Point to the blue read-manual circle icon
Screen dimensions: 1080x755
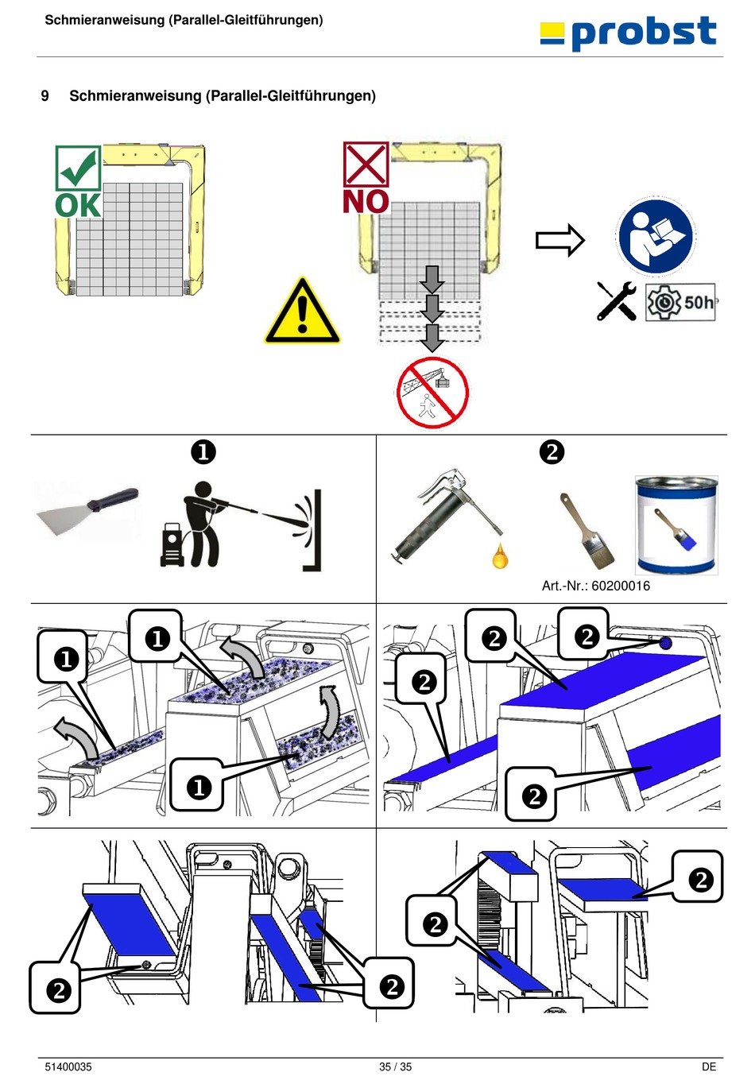pyautogui.click(x=656, y=237)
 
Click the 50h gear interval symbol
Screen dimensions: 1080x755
pyautogui.click(x=680, y=303)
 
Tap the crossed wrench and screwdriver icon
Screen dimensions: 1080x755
pyautogui.click(x=617, y=301)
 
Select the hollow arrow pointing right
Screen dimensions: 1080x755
pyautogui.click(x=559, y=240)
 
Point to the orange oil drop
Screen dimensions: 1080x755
pyautogui.click(x=500, y=555)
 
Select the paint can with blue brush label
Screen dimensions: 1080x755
pyautogui.click(x=676, y=525)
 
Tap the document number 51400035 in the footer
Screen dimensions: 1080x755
pyautogui.click(x=68, y=1066)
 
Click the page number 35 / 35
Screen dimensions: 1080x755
pyautogui.click(x=395, y=1066)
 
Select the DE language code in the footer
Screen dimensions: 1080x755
pyautogui.click(x=708, y=1066)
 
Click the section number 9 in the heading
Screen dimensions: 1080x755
pyautogui.click(x=45, y=96)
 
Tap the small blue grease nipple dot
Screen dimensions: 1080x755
pyautogui.click(x=665, y=643)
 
